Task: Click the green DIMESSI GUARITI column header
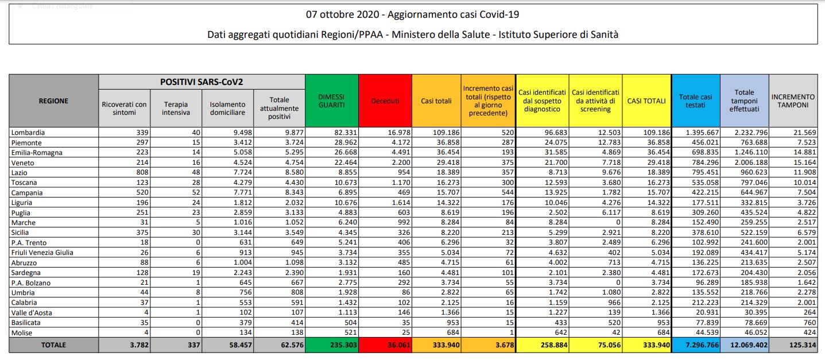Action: coord(331,101)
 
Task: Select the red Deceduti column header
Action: coord(385,101)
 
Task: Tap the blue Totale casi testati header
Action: coord(695,101)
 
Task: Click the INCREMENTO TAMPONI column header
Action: coord(793,101)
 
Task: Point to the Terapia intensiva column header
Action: coord(176,109)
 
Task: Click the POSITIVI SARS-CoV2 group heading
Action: coord(202,82)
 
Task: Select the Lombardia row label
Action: coord(28,133)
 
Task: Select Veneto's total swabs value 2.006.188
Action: coord(745,162)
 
